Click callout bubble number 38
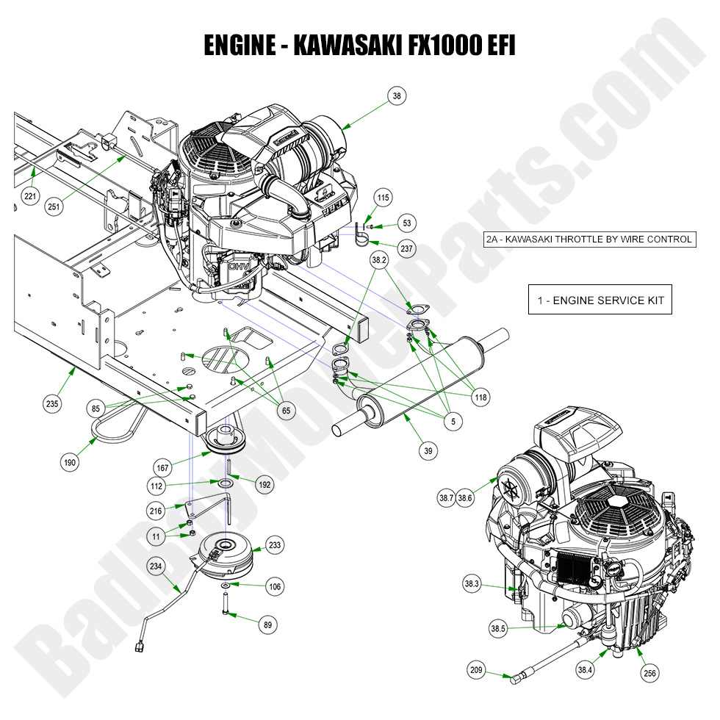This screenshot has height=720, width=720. [x=397, y=96]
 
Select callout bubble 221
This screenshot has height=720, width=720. [x=29, y=197]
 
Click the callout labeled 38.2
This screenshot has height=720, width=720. [x=379, y=259]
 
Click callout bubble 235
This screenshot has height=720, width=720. [x=52, y=403]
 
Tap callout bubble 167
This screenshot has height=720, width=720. [x=162, y=467]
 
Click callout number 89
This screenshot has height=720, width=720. [x=267, y=624]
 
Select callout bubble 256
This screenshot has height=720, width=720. [x=650, y=672]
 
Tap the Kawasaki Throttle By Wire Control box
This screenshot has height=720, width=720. [x=589, y=239]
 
